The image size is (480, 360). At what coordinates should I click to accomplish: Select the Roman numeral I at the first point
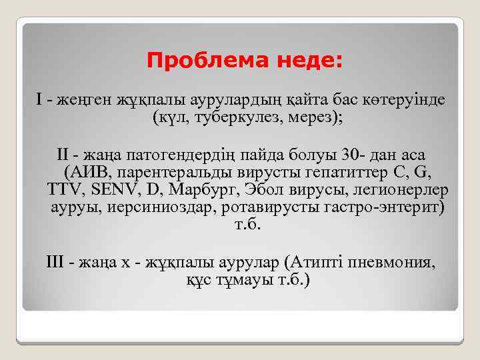coord(39,100)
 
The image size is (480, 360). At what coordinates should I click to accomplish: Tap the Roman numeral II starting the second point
coord(63,156)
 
